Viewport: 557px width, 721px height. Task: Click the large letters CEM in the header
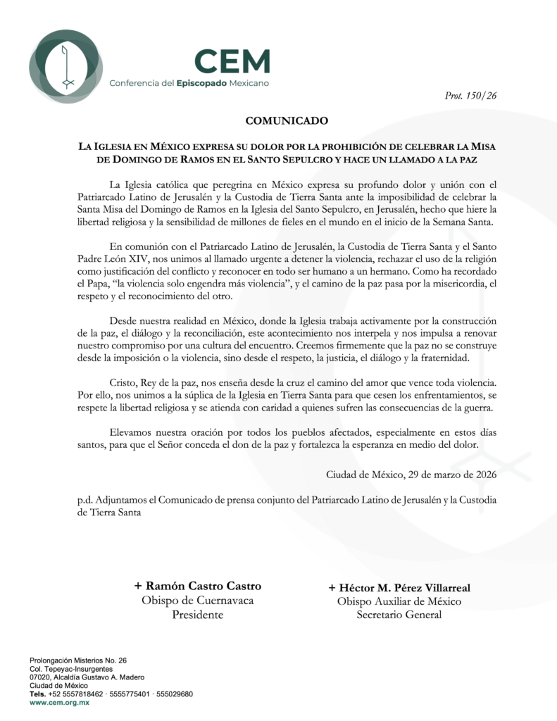click(x=232, y=62)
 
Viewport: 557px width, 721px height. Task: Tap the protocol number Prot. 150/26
click(x=472, y=96)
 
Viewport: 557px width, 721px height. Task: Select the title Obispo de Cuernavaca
click(x=197, y=600)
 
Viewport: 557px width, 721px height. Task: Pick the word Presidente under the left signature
click(x=197, y=615)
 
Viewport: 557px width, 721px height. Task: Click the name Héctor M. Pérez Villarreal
click(x=399, y=587)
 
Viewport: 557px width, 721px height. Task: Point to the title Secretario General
click(x=399, y=615)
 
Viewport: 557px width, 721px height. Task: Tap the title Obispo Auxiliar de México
click(x=399, y=601)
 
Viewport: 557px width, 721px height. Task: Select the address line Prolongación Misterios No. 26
click(x=77, y=660)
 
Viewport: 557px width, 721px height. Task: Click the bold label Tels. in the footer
click(x=38, y=694)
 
